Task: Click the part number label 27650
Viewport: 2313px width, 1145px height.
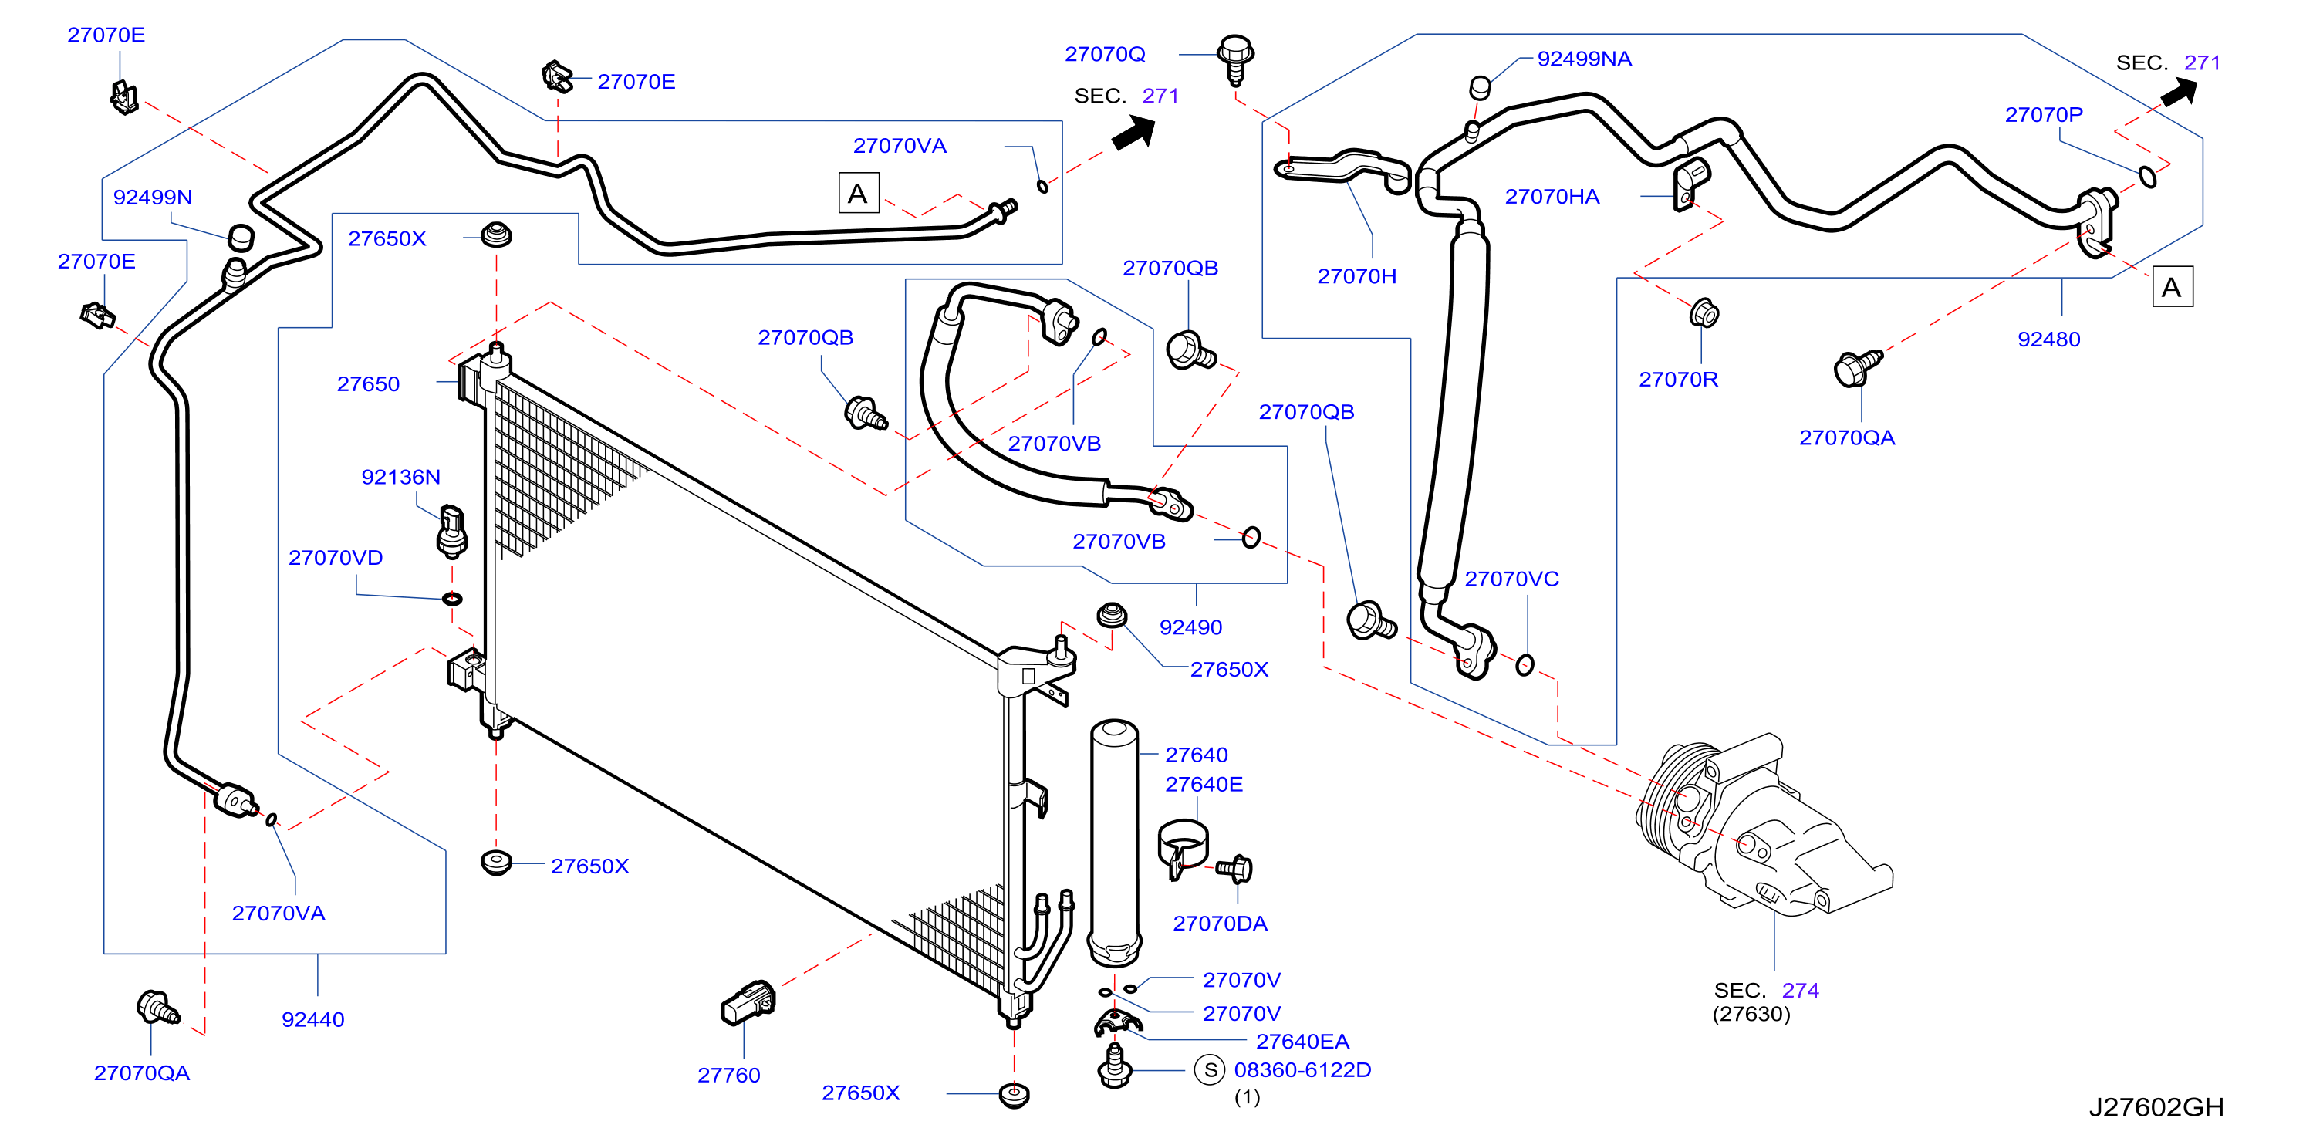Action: pos(368,384)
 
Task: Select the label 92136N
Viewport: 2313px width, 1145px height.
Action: pos(400,477)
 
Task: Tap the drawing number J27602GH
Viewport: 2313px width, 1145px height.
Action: pos(2156,1106)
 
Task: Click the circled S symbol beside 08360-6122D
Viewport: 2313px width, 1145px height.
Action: pos(1210,1069)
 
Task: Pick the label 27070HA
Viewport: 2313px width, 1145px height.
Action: pos(1552,197)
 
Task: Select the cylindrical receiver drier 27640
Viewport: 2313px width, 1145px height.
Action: pos(1114,843)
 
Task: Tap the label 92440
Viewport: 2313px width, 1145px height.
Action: pos(312,1019)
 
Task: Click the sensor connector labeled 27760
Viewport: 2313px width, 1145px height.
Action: pos(747,1003)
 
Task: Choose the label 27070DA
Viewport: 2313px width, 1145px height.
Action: pos(1221,924)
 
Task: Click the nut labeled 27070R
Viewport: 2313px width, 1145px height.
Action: pos(1704,313)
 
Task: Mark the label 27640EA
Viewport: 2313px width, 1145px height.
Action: pos(1302,1041)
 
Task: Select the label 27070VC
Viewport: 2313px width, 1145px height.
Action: pos(1511,579)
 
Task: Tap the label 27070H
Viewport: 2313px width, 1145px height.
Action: pos(1357,276)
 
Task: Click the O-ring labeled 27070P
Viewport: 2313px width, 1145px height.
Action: pos(2147,176)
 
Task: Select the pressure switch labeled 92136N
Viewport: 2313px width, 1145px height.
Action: pos(451,532)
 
